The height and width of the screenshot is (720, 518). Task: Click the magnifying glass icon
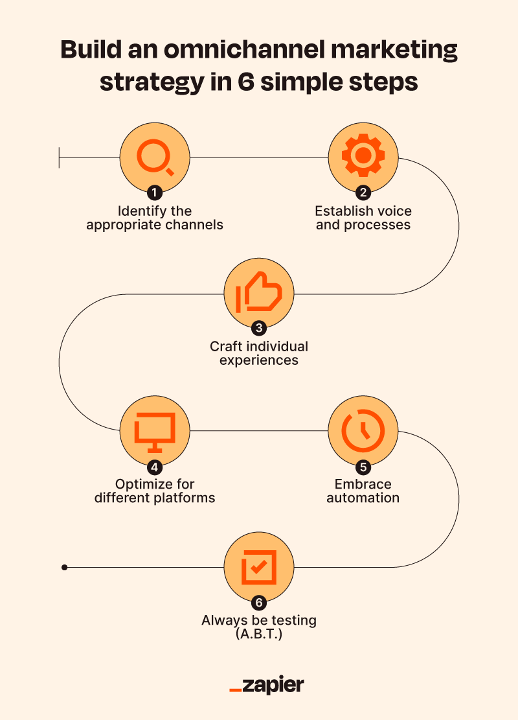pyautogui.click(x=155, y=157)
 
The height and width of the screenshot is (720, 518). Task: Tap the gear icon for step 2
pyautogui.click(x=363, y=156)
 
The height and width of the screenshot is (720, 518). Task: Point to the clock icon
pyautogui.click(x=363, y=430)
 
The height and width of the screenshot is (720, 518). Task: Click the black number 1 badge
pyautogui.click(x=155, y=192)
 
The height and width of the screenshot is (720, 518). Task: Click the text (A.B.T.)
pyautogui.click(x=259, y=634)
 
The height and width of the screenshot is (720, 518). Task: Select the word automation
pyautogui.click(x=363, y=498)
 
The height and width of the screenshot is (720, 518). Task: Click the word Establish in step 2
pyautogui.click(x=342, y=211)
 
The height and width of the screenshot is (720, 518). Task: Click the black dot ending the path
pyautogui.click(x=64, y=568)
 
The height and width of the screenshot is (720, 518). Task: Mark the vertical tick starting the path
pyautogui.click(x=59, y=157)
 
